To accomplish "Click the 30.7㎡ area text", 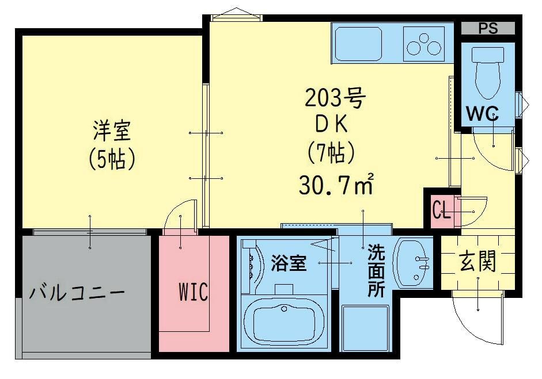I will coord(337,184).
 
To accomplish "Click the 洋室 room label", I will coord(113,131).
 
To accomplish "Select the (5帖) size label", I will coord(112,159).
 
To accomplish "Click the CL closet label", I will coord(441,210).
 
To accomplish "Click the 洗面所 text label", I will coord(376,270).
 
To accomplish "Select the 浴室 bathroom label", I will coord(289,263).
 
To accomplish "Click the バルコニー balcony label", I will coord(77,292).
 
